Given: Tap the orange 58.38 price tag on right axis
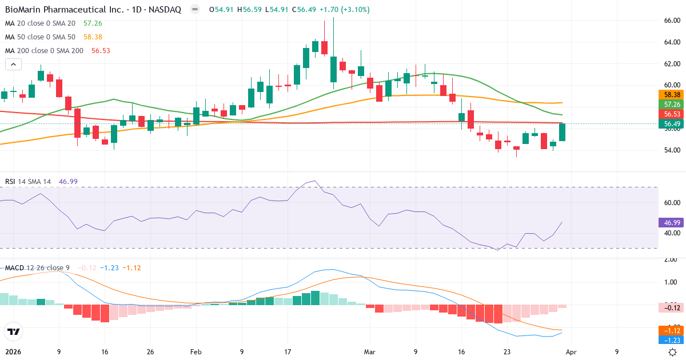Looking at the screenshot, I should point(672,94).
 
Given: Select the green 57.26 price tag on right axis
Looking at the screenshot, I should point(672,105).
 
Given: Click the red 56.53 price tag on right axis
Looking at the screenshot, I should point(672,114).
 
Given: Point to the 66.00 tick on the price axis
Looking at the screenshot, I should point(672,21).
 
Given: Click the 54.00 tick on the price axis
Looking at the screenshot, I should point(672,150).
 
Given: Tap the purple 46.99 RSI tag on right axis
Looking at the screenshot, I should point(672,222).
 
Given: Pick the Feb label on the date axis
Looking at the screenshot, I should point(196,352).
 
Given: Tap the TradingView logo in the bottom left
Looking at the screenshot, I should point(13,331).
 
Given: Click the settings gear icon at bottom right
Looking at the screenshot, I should point(673,352).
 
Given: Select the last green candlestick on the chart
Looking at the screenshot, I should point(562,132).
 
